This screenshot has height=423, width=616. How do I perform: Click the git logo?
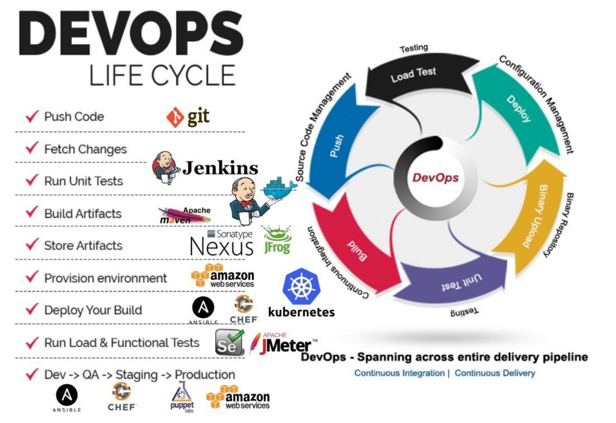(x=188, y=117)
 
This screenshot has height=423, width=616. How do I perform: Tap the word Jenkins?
(x=220, y=168)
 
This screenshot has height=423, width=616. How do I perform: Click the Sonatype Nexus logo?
(x=221, y=243)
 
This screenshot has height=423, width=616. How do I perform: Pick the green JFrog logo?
(x=277, y=240)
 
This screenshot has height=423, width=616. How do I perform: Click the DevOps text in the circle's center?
(x=435, y=178)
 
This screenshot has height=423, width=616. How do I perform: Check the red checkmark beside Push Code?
(x=32, y=116)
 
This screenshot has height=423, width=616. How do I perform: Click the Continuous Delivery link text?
(x=495, y=373)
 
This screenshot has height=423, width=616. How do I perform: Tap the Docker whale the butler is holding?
(x=279, y=188)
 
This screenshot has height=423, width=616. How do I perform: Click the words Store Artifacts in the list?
(x=83, y=245)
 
